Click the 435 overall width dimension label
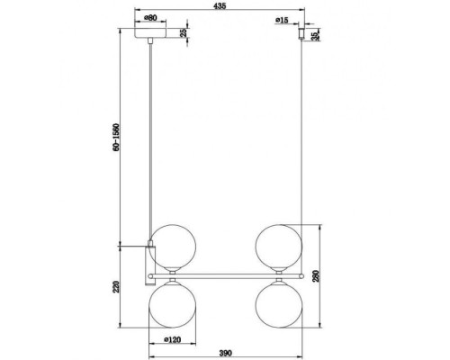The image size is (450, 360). point(222,6)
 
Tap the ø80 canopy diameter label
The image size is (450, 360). point(150,17)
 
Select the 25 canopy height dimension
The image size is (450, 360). point(184,33)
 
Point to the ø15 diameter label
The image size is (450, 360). point(283,18)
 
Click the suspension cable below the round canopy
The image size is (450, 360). point(150,135)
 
